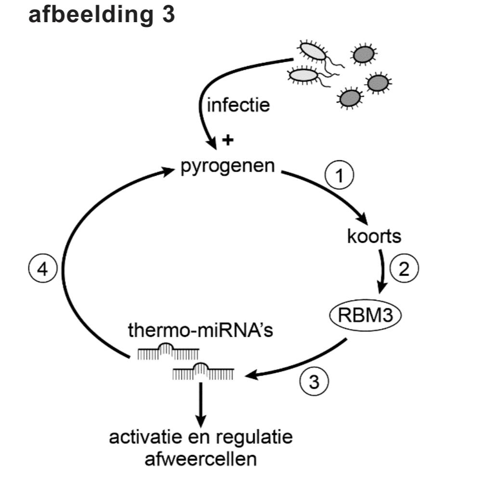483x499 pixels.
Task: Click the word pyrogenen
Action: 228,167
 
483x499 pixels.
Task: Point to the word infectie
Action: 238,105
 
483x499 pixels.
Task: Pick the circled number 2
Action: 404,269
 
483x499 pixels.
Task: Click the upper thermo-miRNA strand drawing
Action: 168,352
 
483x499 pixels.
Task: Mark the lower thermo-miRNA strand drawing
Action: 203,371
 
